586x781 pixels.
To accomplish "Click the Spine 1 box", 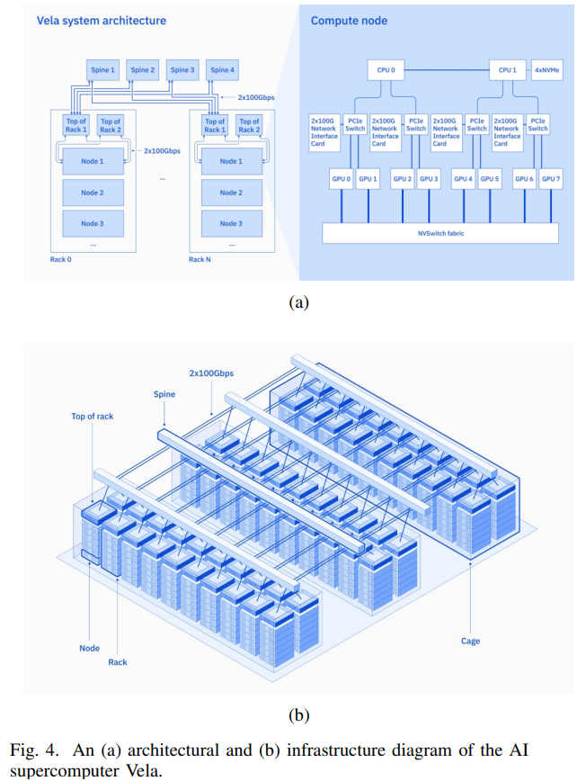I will coord(102,70).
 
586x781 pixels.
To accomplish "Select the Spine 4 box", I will coord(220,70).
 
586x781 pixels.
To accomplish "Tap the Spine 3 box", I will coord(181,70).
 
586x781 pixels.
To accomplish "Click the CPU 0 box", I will coord(386,69).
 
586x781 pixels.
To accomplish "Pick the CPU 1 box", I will coord(508,69).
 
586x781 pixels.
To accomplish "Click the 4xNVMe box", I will coord(547,69).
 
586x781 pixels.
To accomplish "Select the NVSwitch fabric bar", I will coord(439,233).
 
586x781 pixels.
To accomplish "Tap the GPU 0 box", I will coord(341,179).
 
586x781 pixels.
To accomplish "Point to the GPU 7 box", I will coord(551,179).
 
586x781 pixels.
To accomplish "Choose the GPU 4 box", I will coord(463,179).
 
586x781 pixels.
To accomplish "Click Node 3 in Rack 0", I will coord(92,223).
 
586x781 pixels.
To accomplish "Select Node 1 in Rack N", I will coord(231,161).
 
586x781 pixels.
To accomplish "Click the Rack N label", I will coord(200,259).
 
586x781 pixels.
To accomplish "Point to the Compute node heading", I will coord(350,20).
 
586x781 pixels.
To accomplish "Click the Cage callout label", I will coord(470,641).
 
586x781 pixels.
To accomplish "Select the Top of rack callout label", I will coord(93,417).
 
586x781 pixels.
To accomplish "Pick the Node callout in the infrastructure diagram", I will coord(89,648).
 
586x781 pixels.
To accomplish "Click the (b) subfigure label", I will coord(298,716).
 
